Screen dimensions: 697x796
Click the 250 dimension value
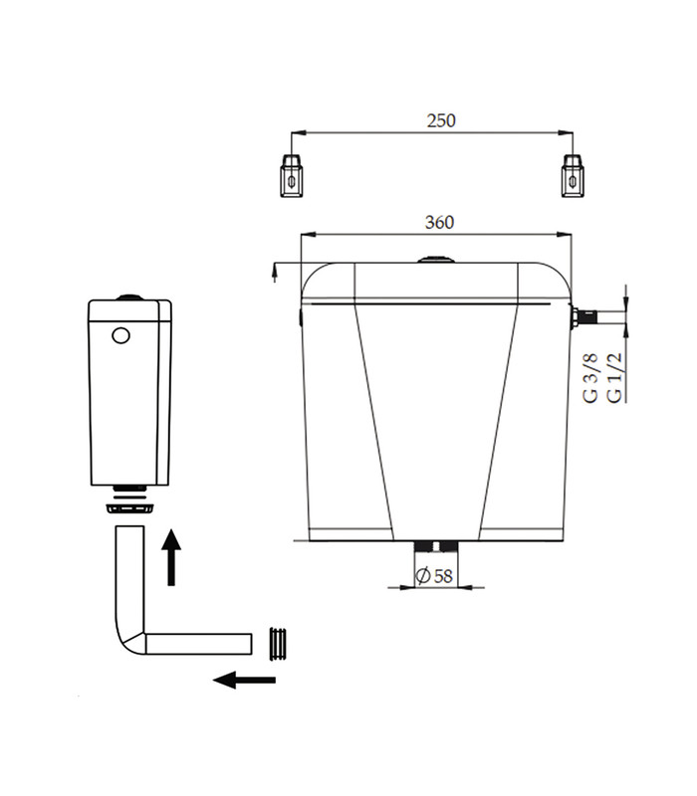click(441, 120)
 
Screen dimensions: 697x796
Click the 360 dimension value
click(439, 222)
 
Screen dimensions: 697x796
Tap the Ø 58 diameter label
click(434, 576)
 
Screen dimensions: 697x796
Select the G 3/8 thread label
click(590, 378)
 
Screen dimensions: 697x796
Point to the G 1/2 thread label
click(613, 378)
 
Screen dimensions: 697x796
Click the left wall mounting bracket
click(291, 175)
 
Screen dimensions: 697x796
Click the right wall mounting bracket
click(573, 175)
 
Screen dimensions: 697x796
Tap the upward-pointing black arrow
click(171, 557)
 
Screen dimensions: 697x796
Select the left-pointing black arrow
click(244, 680)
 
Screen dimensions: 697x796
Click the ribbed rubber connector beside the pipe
click(278, 644)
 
